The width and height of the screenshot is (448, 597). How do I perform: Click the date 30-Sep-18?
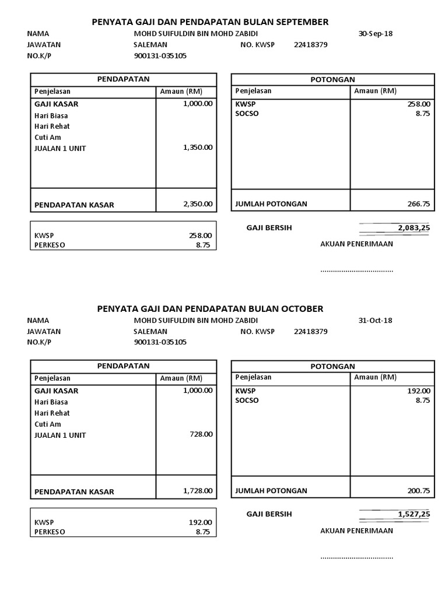point(376,33)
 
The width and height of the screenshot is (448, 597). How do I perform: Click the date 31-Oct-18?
point(376,320)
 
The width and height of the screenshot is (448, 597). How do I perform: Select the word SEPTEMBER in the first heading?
point(300,22)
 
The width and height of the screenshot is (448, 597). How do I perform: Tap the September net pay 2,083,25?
point(414,228)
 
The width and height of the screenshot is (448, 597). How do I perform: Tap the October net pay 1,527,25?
point(414,514)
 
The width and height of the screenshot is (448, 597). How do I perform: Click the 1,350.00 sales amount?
point(198,148)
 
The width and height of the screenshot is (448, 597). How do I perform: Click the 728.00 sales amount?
point(201,434)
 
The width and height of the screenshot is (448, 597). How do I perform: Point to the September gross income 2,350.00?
point(198,204)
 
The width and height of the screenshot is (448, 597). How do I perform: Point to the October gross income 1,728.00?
point(198,491)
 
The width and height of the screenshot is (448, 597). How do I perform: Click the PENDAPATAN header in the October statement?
point(123,366)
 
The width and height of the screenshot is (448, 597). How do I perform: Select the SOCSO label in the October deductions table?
point(247,401)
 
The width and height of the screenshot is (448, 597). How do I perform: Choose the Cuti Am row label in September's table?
point(48,137)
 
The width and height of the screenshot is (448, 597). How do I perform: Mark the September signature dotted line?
point(356,271)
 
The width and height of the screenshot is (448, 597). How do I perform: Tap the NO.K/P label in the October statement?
point(39,342)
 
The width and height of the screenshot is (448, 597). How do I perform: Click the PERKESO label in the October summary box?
point(50,532)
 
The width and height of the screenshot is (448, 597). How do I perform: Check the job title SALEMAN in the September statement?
point(150,44)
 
